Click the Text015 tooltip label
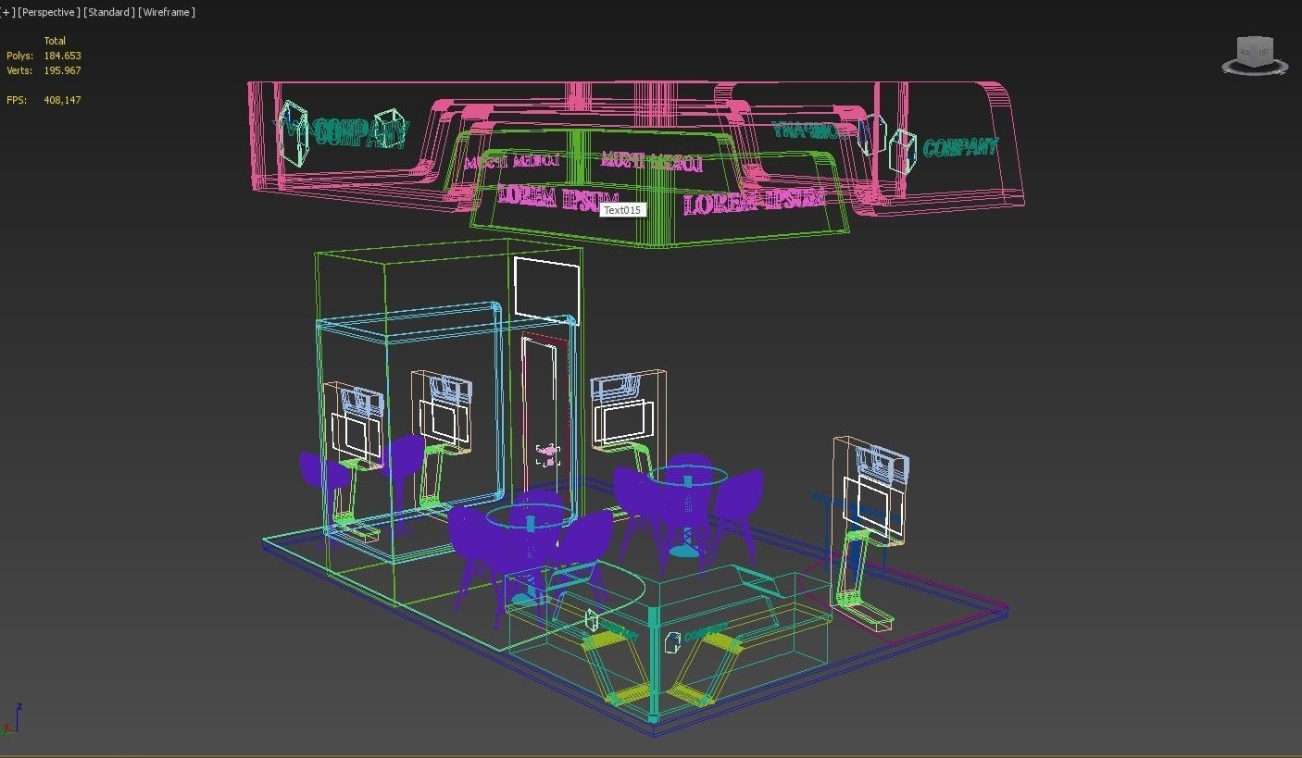pos(621,210)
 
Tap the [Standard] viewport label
pos(108,12)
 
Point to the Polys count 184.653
pos(62,56)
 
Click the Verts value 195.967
pos(62,70)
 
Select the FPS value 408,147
pos(62,100)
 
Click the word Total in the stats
pos(55,41)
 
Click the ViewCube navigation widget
pos(1255,55)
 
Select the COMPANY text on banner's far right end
pos(960,147)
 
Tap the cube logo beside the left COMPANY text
pos(293,133)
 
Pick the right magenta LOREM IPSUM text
pos(753,201)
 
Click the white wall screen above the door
pos(546,289)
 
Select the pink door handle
pos(547,454)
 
